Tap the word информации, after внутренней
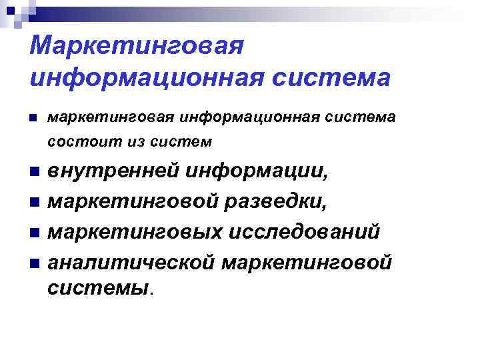pos(256,172)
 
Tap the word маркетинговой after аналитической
pos(306,261)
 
